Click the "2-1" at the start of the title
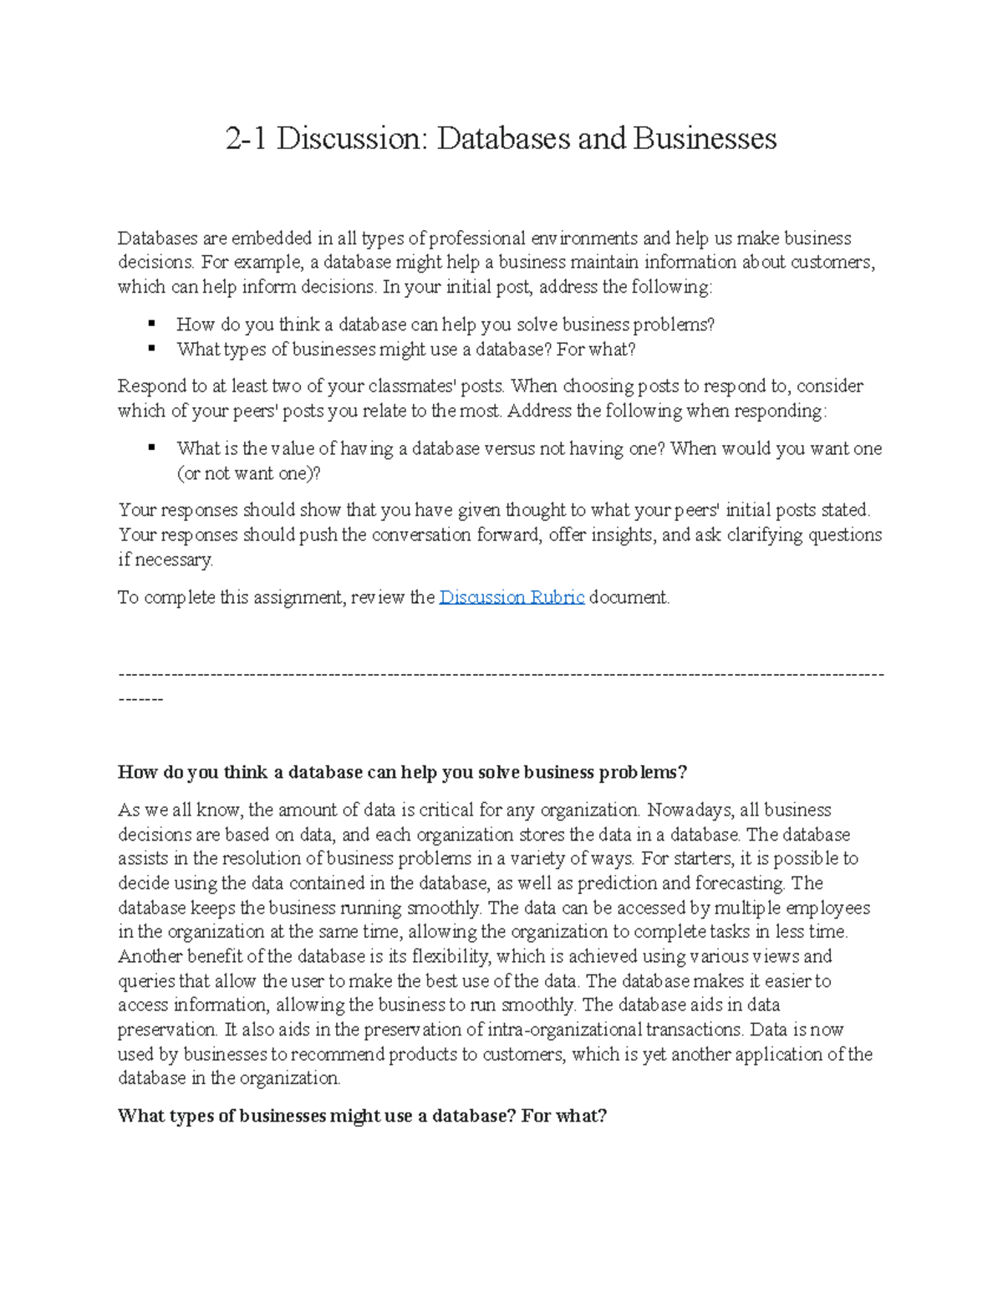click(x=246, y=139)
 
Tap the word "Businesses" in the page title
click(x=705, y=139)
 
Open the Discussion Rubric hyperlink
click(x=512, y=597)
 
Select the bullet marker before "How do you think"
click(x=151, y=323)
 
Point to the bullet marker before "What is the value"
click(x=151, y=447)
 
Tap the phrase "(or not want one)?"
click(x=248, y=473)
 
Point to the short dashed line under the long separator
click(x=140, y=698)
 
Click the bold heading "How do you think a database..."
click(x=402, y=772)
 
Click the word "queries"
click(x=146, y=981)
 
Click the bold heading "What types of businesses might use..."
click(x=362, y=1116)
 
